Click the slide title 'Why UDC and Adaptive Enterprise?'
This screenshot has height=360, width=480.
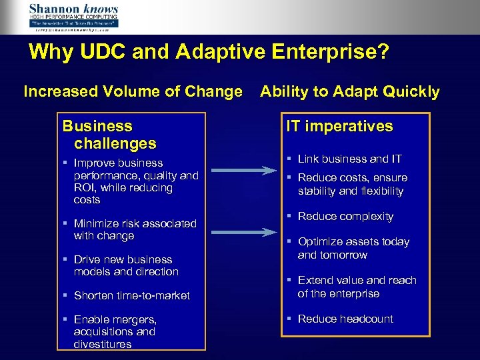pyautogui.click(x=209, y=52)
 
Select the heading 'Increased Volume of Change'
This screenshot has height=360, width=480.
pyautogui.click(x=133, y=91)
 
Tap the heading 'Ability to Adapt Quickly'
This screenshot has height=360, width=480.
pyautogui.click(x=350, y=91)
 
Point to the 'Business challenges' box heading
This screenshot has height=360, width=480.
pyautogui.click(x=109, y=134)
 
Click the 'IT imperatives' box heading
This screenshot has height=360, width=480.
pyautogui.click(x=340, y=126)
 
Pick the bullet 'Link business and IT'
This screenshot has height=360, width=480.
pyautogui.click(x=349, y=159)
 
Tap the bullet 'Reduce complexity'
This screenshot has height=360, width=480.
pyautogui.click(x=345, y=217)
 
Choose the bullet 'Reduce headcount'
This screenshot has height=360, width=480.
pyautogui.click(x=345, y=319)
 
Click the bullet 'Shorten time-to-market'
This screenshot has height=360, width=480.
pyautogui.click(x=131, y=295)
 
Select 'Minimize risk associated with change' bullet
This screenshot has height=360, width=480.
pyautogui.click(x=135, y=229)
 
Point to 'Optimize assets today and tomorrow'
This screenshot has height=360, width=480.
pyautogui.click(x=353, y=248)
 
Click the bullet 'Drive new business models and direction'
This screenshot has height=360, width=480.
pyautogui.click(x=126, y=265)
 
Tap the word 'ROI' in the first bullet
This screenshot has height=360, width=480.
pyautogui.click(x=85, y=188)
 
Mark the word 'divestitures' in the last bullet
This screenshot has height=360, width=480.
pyautogui.click(x=103, y=344)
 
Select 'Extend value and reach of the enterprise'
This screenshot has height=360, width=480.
pyautogui.click(x=357, y=287)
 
